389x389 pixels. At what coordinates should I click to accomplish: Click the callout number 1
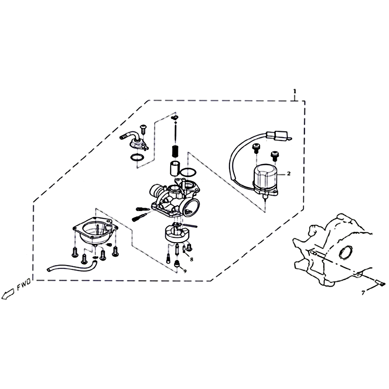tap(295, 91)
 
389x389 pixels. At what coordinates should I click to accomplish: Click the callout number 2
tap(288, 174)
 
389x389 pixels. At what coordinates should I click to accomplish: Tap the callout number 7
tap(363, 293)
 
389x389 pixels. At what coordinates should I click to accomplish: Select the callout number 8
tap(192, 260)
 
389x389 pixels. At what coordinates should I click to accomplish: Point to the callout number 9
tap(185, 271)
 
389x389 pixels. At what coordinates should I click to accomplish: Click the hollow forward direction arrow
tap(8, 294)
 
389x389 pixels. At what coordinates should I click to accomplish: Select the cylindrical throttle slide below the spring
tap(175, 168)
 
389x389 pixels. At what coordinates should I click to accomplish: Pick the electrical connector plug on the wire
tap(277, 136)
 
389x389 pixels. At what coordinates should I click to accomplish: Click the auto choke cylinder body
tap(265, 177)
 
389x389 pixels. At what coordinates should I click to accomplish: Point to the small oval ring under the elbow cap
tap(137, 157)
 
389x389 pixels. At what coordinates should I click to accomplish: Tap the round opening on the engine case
tap(346, 252)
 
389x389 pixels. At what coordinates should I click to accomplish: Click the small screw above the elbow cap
tap(143, 129)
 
